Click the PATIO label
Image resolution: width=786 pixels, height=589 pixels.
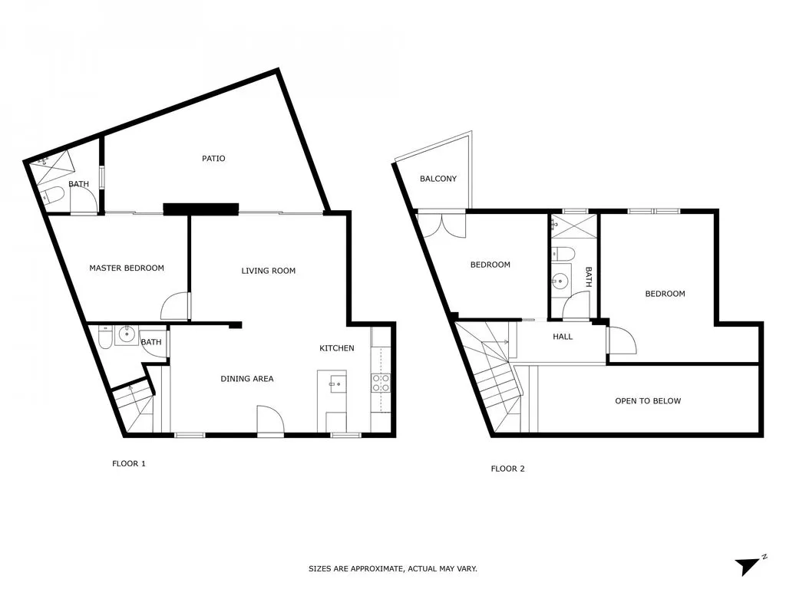tap(213, 158)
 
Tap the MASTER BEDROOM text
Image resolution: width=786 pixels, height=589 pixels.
tap(127, 268)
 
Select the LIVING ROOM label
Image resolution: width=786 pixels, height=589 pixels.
tap(268, 271)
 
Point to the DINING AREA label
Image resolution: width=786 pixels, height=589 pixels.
tap(247, 379)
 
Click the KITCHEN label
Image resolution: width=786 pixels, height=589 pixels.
tap(337, 348)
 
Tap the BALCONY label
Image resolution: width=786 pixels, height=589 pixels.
tap(438, 178)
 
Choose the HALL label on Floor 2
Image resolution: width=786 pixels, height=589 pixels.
tap(563, 337)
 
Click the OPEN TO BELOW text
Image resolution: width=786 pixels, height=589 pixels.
tap(648, 400)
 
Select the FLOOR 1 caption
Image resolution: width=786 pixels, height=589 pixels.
tap(129, 463)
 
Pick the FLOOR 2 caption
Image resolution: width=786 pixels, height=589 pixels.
tap(507, 469)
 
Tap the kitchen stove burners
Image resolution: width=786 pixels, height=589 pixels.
tap(381, 383)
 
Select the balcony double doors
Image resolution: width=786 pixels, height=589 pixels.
tap(443, 225)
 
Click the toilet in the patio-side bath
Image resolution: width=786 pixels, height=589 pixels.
tap(53, 196)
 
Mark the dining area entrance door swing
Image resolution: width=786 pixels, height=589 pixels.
tap(271, 420)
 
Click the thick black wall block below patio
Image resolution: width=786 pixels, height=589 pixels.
tap(201, 209)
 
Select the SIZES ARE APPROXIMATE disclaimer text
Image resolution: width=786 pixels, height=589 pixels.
tap(392, 568)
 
